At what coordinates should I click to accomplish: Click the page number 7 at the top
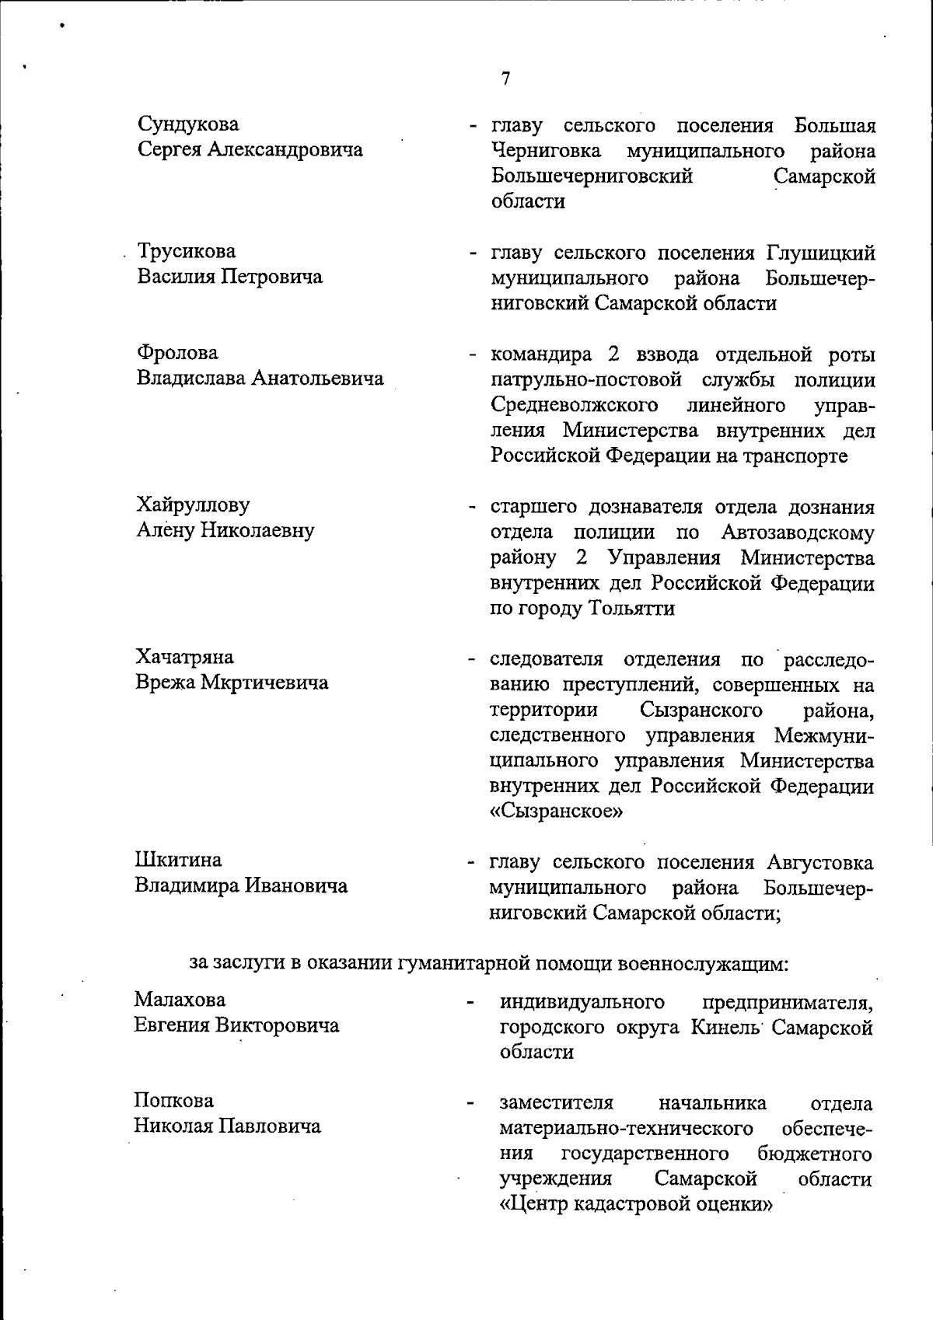pyautogui.click(x=505, y=79)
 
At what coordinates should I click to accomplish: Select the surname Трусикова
pyautogui.click(x=187, y=252)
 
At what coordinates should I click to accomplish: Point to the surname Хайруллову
pyautogui.click(x=194, y=505)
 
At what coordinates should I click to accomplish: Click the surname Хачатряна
pyautogui.click(x=185, y=657)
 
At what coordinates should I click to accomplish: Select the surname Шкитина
pyautogui.click(x=179, y=860)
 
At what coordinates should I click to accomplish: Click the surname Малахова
pyautogui.click(x=180, y=999)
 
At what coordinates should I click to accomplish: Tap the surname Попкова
pyautogui.click(x=174, y=1101)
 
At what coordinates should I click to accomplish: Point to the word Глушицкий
pyautogui.click(x=821, y=253)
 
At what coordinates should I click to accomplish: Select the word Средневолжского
pyautogui.click(x=575, y=405)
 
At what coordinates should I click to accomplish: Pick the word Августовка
pyautogui.click(x=819, y=863)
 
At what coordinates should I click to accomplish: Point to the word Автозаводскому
pyautogui.click(x=797, y=533)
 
